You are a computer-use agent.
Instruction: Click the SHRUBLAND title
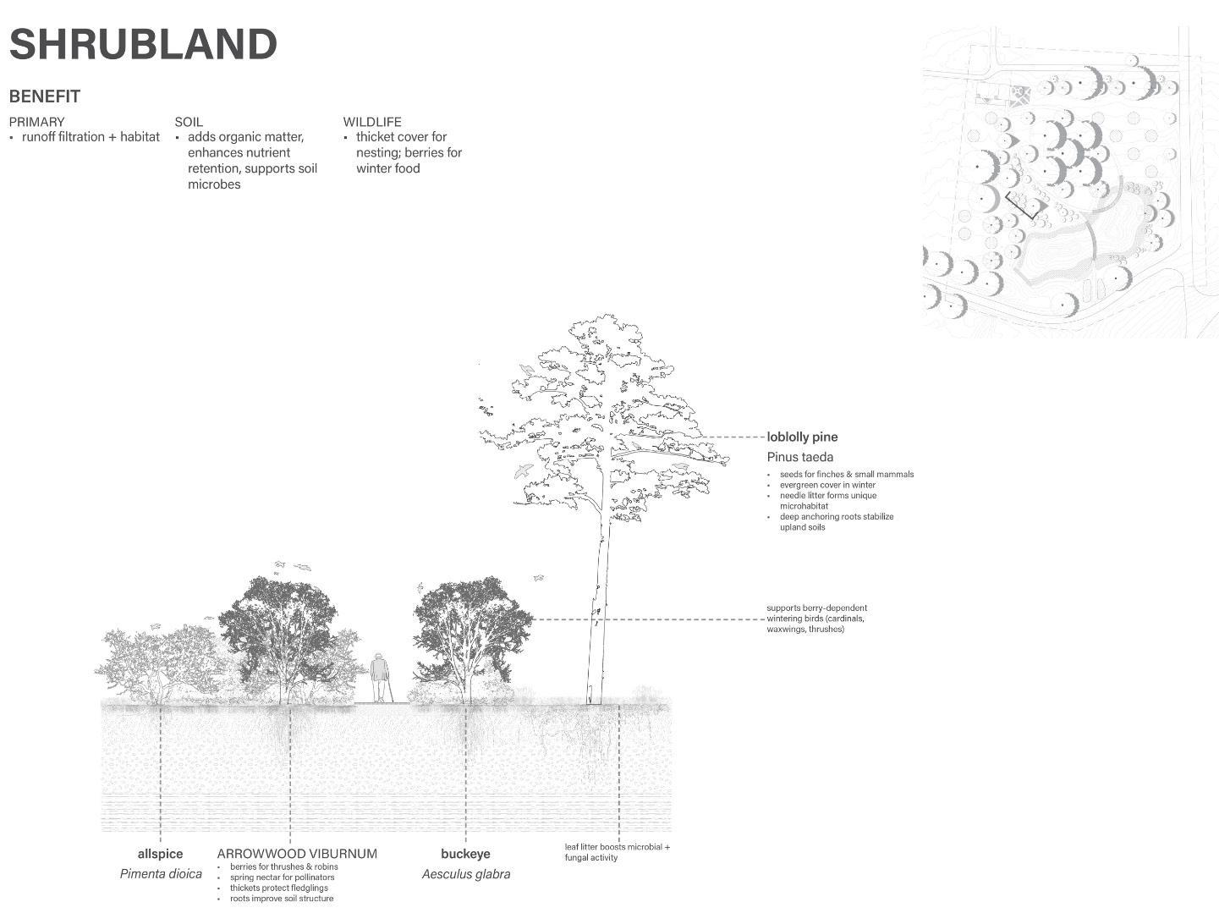(143, 45)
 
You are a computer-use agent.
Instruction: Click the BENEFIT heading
(45, 96)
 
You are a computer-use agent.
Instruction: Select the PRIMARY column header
(36, 122)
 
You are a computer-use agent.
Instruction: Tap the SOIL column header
(189, 122)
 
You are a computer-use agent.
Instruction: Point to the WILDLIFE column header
(372, 122)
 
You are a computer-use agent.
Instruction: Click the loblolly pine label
(802, 437)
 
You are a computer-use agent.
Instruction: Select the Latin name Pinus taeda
(800, 457)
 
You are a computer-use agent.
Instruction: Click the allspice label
(160, 854)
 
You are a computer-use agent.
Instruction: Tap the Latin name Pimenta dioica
(161, 874)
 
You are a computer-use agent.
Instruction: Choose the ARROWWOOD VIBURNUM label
(297, 854)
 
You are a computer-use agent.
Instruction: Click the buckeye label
(465, 854)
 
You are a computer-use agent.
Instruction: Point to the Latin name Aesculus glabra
(466, 874)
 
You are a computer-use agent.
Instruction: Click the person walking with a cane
(381, 677)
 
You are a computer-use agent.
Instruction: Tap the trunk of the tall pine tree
(599, 609)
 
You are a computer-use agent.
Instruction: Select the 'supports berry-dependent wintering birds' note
(816, 619)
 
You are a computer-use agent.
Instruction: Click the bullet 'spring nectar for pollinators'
(282, 877)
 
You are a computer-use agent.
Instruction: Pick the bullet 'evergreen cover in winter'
(827, 485)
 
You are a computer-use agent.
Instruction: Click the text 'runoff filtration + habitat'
(91, 137)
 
